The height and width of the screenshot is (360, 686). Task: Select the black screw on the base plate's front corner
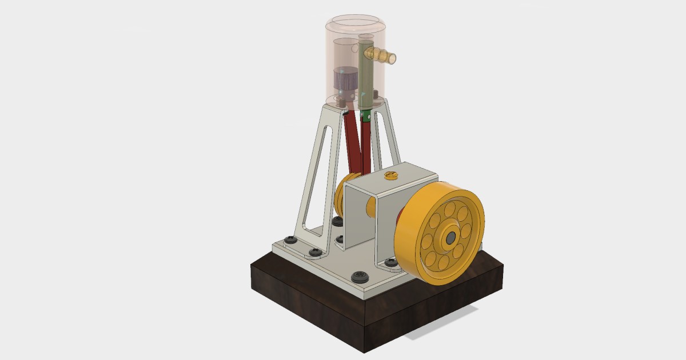(360, 277)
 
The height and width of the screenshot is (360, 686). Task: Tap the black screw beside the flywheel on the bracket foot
(392, 262)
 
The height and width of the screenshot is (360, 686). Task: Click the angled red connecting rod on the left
(352, 143)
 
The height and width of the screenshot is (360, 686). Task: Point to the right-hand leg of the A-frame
(390, 137)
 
